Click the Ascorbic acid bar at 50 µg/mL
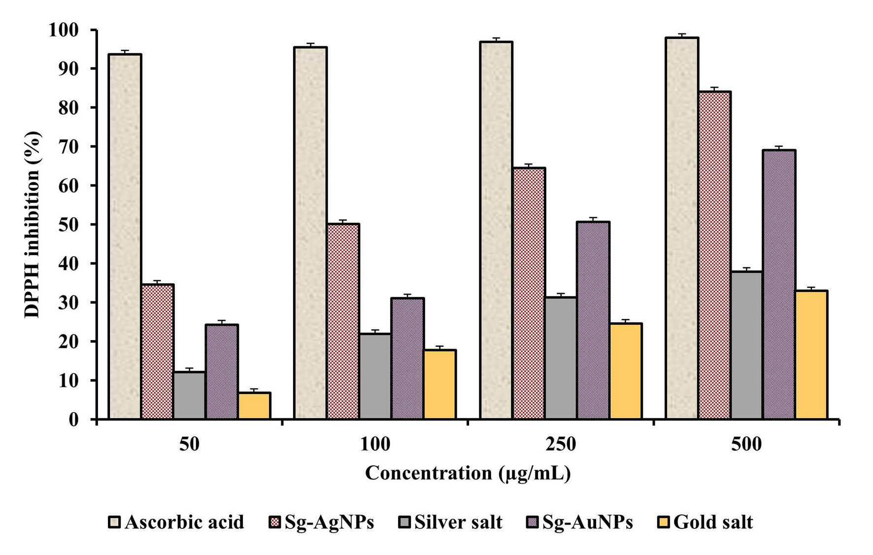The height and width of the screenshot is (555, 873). click(125, 236)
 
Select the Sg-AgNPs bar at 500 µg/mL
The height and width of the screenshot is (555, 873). click(714, 255)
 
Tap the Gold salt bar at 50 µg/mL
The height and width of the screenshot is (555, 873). click(254, 406)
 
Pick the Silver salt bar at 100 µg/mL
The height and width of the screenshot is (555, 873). click(375, 376)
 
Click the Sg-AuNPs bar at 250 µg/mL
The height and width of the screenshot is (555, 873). click(593, 321)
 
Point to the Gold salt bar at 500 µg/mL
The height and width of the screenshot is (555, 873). click(811, 355)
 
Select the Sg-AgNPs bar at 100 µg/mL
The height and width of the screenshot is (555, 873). click(343, 322)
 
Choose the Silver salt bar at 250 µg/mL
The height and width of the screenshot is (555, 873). click(561, 358)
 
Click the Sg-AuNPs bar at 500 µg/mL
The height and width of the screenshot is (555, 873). click(779, 285)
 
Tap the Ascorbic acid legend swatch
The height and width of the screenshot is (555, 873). click(114, 522)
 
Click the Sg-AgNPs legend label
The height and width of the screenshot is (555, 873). click(329, 522)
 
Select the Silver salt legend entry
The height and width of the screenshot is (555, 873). click(450, 522)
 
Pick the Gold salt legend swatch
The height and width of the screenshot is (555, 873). click(664, 522)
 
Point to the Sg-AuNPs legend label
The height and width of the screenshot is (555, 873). click(588, 522)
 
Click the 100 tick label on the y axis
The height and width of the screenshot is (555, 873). click(64, 30)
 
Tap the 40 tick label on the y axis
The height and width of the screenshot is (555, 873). click(68, 264)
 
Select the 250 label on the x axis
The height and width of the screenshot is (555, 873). click(561, 444)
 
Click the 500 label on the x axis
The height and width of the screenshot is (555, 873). click(746, 444)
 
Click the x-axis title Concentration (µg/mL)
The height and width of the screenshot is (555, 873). click(468, 473)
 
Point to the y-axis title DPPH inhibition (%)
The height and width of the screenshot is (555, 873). click(33, 225)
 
